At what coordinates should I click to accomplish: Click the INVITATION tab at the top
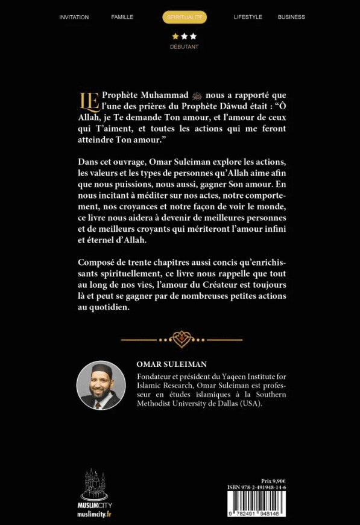click(x=74, y=17)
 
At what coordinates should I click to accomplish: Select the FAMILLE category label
click(x=122, y=17)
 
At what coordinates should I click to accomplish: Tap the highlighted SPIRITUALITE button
click(x=185, y=17)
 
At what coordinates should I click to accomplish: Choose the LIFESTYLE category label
click(x=248, y=17)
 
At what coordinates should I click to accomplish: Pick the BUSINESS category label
click(x=291, y=17)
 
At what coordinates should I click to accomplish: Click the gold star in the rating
click(x=175, y=36)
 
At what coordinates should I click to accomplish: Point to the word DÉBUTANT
click(x=184, y=46)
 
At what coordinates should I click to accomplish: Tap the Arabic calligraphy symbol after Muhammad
click(x=198, y=95)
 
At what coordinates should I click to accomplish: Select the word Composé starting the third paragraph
click(x=96, y=263)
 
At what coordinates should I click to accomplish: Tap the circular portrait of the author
click(x=101, y=386)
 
